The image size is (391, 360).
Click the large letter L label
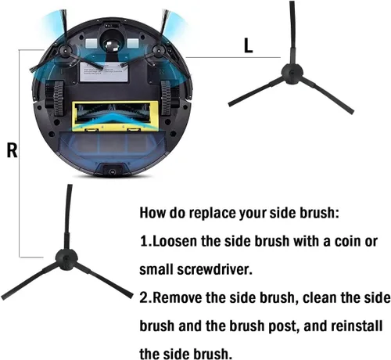point(248,45)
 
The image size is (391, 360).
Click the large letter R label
point(12,150)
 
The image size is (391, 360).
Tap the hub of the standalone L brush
point(292,74)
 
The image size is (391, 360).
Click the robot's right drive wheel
point(166,98)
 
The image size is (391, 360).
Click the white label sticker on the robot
point(104,71)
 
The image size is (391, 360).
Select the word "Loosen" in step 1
point(175,241)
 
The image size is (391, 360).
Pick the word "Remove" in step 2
point(177,297)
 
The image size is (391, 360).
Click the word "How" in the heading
point(152,212)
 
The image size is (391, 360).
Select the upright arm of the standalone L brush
point(292,33)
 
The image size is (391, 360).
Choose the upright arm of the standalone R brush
point(68,217)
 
